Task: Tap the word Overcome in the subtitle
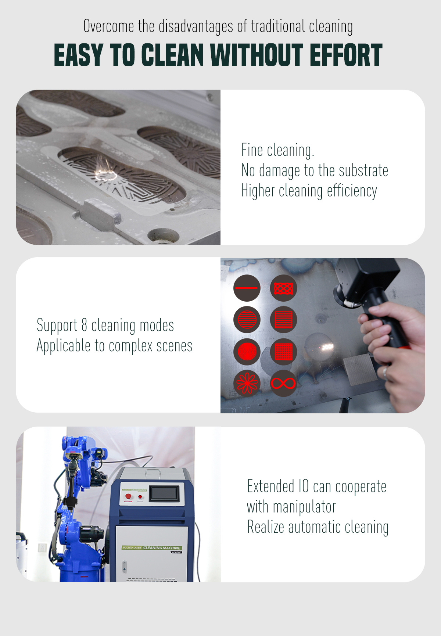pyautogui.click(x=109, y=26)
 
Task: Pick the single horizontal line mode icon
pyautogui.click(x=247, y=288)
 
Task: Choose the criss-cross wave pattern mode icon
pyautogui.click(x=283, y=288)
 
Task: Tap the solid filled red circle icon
pyautogui.click(x=247, y=352)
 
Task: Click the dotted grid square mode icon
pyautogui.click(x=283, y=352)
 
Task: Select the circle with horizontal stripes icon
pyautogui.click(x=247, y=320)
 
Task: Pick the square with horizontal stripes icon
pyautogui.click(x=283, y=320)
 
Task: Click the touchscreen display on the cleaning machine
pyautogui.click(x=164, y=494)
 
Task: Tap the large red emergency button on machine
pyautogui.click(x=128, y=496)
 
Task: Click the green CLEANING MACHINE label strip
pyautogui.click(x=151, y=547)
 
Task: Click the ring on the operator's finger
pyautogui.click(x=385, y=373)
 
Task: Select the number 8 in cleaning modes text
pyautogui.click(x=84, y=325)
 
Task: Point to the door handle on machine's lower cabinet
pyautogui.click(x=124, y=567)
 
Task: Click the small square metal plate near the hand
pyautogui.click(x=361, y=370)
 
